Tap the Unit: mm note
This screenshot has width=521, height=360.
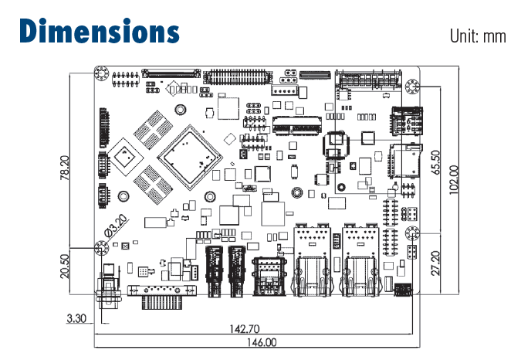[x=479, y=36]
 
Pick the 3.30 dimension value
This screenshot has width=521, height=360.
[x=76, y=318]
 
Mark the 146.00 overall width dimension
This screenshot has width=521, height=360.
[x=260, y=342]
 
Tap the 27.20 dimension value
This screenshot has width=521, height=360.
[x=436, y=263]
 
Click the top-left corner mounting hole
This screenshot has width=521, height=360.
[x=100, y=74]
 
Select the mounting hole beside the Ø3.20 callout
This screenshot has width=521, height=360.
[x=100, y=248]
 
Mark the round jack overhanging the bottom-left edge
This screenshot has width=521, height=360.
[x=109, y=291]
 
